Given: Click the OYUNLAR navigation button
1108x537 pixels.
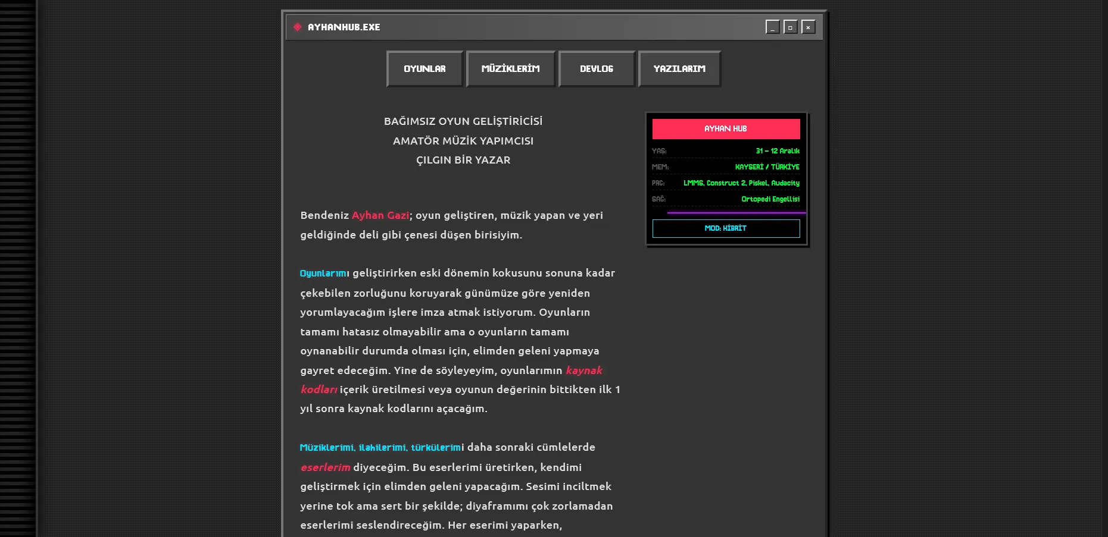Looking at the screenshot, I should (x=425, y=69).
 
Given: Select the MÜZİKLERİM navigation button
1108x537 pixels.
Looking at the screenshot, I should (x=510, y=69).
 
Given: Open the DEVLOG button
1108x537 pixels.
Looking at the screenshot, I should (x=597, y=69).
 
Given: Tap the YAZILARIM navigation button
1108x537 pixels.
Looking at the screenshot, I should (x=679, y=69).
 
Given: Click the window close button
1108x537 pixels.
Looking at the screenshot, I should (x=808, y=27).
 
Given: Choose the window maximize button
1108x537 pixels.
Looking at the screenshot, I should (x=790, y=27).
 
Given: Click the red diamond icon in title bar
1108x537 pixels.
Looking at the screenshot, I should (x=298, y=27).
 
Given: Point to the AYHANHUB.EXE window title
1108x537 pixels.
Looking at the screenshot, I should (x=344, y=27).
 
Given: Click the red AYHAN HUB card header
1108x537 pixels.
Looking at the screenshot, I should (x=726, y=128).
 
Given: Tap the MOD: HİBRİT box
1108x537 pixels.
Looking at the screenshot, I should (x=726, y=228).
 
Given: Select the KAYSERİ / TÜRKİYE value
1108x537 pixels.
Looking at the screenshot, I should (x=767, y=167).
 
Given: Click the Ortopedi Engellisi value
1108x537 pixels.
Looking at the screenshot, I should (x=770, y=199).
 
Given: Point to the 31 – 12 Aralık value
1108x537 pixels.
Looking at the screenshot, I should (x=777, y=151).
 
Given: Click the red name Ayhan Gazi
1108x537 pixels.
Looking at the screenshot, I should (x=380, y=215).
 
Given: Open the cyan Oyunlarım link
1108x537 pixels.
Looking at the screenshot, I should (x=324, y=274).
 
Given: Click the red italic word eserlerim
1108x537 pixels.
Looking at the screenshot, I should (x=325, y=467).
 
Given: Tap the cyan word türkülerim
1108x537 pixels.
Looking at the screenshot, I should (x=436, y=447).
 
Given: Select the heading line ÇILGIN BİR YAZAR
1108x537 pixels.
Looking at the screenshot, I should (x=463, y=160).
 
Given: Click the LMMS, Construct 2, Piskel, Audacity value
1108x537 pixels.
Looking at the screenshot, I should (x=741, y=183).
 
